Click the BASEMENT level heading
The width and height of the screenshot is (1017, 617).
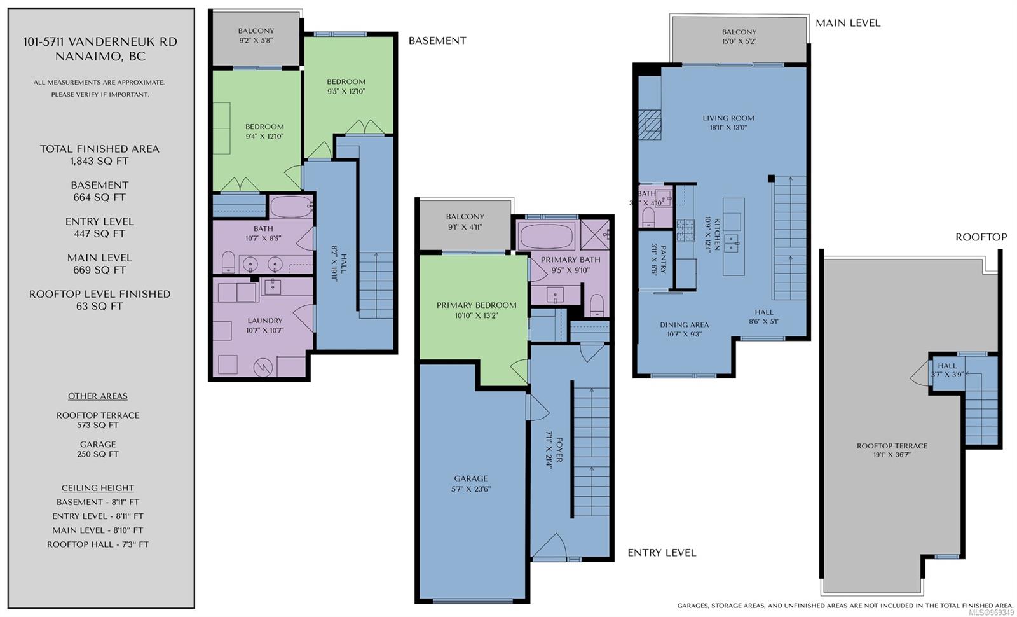coord(437,41)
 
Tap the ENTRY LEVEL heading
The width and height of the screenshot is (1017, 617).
coord(662,553)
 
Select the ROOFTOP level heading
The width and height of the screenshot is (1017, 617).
coord(981,237)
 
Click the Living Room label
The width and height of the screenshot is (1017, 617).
coord(728,118)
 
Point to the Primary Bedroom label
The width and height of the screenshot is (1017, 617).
coord(476,305)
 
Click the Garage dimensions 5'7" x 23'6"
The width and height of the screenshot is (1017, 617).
coord(471,489)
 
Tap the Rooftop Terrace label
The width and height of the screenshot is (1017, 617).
coord(892,446)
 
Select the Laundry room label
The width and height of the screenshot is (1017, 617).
coord(264,321)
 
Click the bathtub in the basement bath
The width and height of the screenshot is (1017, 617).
coord(291,207)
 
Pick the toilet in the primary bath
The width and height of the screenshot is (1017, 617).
coord(597,305)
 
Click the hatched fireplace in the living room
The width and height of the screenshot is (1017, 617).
coord(650,125)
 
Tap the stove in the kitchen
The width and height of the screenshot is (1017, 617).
coord(685,230)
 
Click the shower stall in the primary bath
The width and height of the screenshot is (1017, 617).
coord(595,235)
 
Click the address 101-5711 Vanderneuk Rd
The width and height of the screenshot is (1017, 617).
coord(100,42)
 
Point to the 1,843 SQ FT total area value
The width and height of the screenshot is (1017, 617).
coord(99,162)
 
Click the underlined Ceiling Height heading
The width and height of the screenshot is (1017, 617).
coord(98,488)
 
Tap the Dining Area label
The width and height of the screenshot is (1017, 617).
coord(684,325)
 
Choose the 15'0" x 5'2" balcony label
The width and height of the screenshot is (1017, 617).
coord(739,41)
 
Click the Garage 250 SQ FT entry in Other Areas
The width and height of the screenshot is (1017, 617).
coord(98,449)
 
